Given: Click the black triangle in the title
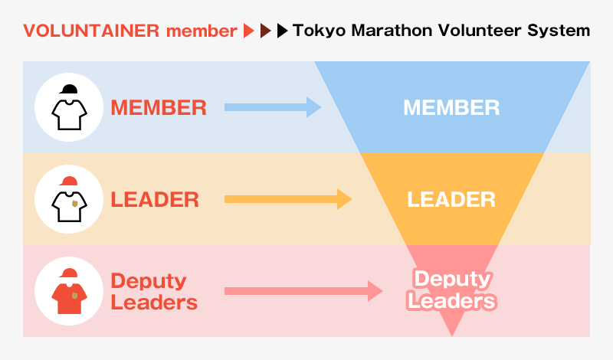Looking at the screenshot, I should point(283,31).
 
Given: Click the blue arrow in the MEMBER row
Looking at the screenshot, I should point(273,107).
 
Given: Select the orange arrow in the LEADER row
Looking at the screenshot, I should point(287,200).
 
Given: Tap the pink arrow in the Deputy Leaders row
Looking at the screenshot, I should point(303,291).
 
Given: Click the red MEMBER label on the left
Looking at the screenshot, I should point(159,107).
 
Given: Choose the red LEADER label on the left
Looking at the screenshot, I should point(155,200).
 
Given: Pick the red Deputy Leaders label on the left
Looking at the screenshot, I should point(153,291).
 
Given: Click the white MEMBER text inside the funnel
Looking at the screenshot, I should point(451,107).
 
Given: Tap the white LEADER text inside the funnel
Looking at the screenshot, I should point(451,200).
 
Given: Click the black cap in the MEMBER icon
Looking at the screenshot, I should point(69,90).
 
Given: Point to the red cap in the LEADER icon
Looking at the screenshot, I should point(69,182).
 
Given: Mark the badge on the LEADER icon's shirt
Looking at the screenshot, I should point(74,204).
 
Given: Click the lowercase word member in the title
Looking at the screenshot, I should point(202,31).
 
